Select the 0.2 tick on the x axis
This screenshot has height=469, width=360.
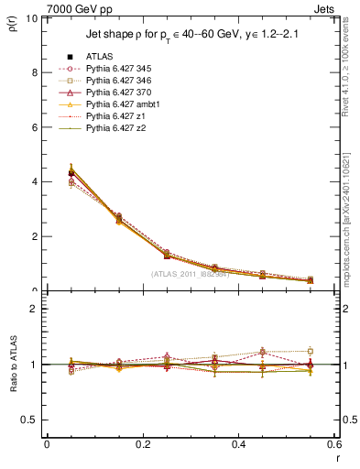point(142,444)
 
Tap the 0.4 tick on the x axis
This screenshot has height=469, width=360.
point(238,444)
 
